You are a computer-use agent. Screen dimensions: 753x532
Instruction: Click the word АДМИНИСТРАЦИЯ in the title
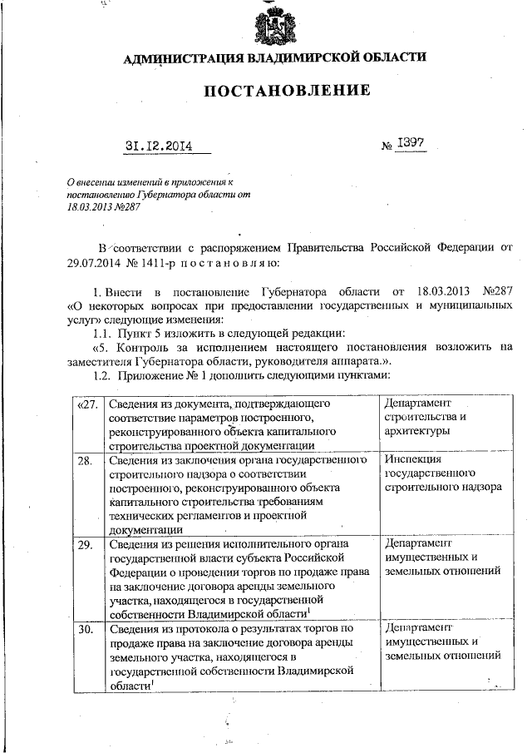178,58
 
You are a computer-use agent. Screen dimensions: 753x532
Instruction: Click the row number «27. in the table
86,404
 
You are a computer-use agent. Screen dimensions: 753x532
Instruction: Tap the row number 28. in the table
84,459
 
